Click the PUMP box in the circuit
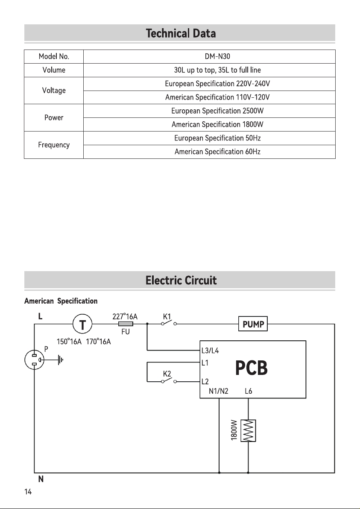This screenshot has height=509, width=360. [253, 324]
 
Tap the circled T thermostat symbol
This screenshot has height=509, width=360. [82, 324]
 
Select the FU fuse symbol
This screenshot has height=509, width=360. [126, 324]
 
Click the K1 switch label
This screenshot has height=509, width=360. [167, 316]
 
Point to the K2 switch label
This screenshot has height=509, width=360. [167, 374]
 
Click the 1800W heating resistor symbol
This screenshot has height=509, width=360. [249, 430]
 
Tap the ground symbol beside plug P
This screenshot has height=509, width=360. [60, 360]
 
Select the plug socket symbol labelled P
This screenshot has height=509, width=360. [35, 360]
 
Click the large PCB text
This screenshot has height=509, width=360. [251, 368]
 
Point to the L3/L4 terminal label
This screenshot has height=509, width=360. [210, 351]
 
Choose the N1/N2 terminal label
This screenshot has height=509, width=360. [219, 391]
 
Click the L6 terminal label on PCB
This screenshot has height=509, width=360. [249, 391]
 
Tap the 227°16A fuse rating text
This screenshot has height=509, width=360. [125, 316]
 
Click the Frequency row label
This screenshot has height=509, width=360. [54, 145]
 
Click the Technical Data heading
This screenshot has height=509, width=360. [181, 33]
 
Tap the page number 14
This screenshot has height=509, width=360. [28, 492]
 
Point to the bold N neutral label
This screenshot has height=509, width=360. [41, 479]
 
